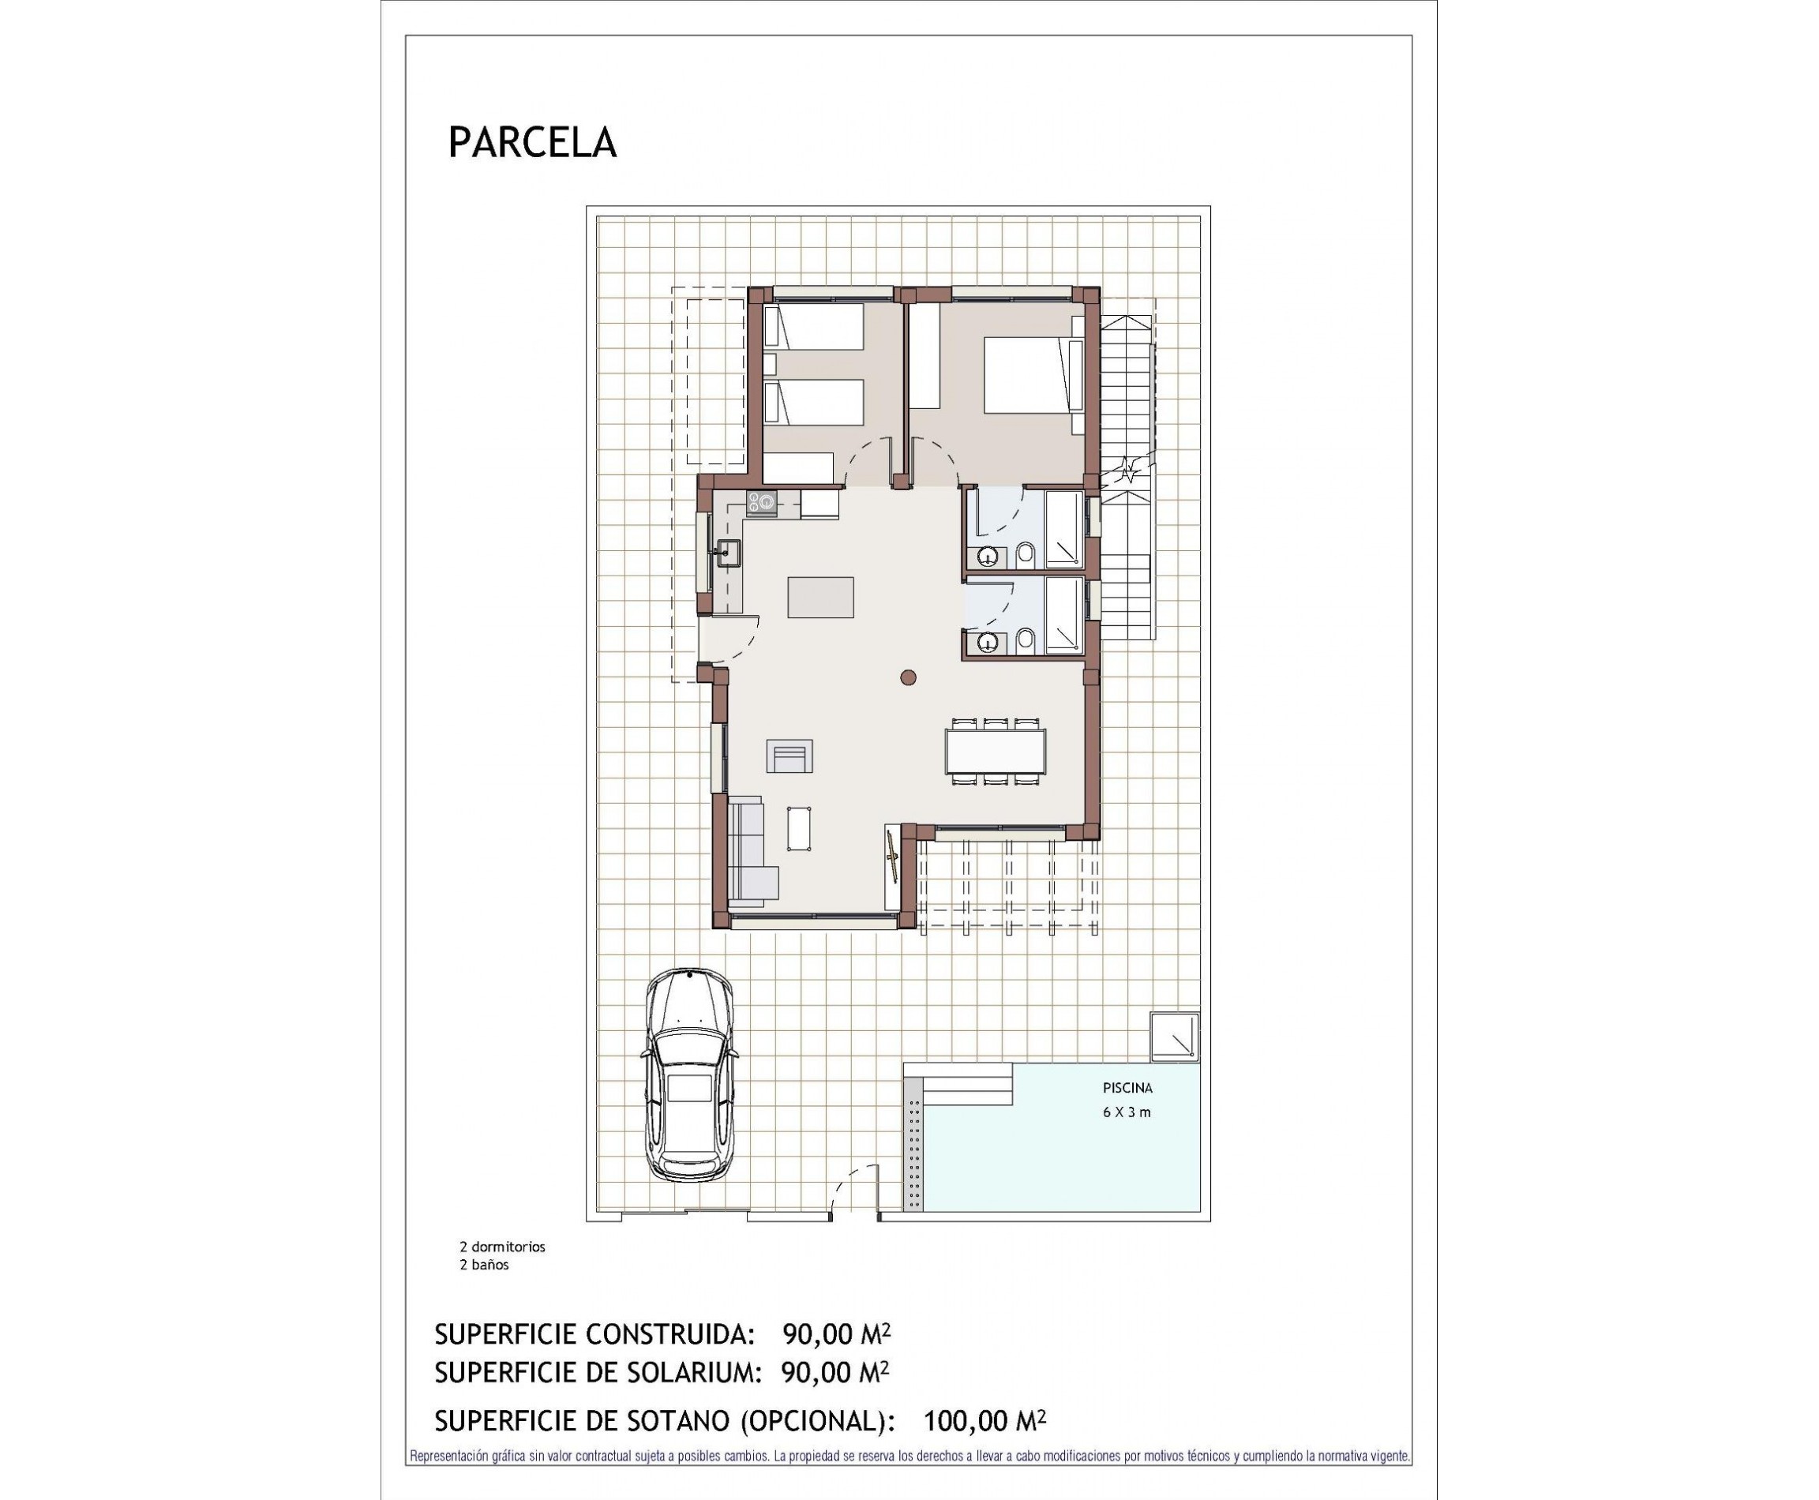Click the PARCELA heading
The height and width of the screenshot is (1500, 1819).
point(532,143)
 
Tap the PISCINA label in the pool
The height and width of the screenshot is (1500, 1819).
point(1127,1088)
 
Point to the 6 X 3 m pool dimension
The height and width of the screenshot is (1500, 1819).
point(1126,1112)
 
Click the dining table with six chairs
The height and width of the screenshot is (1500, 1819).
point(995,751)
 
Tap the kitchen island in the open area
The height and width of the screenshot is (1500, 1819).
point(820,597)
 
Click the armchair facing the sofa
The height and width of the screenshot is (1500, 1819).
point(789,756)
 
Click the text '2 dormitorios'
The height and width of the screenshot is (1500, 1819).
point(502,1247)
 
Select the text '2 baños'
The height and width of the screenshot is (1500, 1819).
point(484,1265)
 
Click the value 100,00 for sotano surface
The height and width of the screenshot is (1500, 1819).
point(965,1420)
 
